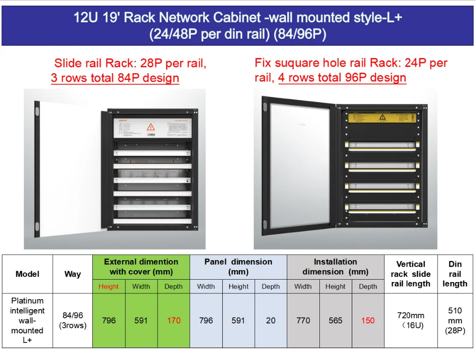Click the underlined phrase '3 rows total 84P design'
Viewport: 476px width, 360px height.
[115, 78]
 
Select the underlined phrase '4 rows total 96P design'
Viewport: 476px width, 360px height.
[342, 78]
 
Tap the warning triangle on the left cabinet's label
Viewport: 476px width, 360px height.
[151, 127]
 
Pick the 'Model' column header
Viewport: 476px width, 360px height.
[27, 274]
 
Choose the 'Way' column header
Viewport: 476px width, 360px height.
[72, 274]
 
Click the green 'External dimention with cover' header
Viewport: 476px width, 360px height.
[141, 267]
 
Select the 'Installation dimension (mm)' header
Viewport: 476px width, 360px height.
[335, 267]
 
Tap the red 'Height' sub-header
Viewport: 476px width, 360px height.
[109, 286]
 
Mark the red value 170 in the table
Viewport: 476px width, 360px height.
[174, 321]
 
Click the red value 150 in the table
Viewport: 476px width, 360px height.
[367, 321]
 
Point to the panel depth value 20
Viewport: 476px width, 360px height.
[270, 321]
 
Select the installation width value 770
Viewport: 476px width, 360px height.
[303, 321]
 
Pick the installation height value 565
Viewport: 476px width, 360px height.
[335, 321]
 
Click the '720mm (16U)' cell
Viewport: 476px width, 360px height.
[410, 321]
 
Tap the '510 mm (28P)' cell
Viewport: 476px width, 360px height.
[455, 321]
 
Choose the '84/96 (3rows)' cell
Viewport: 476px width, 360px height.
[72, 321]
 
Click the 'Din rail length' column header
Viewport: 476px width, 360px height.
[455, 274]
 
